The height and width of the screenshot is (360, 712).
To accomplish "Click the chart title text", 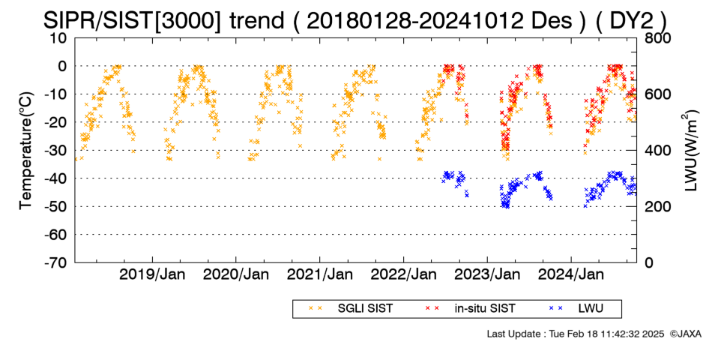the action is point(355,20).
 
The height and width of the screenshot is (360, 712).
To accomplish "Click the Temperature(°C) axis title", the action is point(26,151).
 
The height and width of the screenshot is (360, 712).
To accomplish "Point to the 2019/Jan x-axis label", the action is point(152,274).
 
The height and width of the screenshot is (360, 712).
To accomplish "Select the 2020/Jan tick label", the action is point(235,274).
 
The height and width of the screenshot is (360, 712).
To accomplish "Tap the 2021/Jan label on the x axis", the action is point(320,274).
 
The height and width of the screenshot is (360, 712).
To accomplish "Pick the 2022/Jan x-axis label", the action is point(404,274).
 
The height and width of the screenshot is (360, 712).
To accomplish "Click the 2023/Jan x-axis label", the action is point(487,274).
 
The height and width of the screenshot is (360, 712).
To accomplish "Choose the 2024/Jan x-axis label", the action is point(571,274).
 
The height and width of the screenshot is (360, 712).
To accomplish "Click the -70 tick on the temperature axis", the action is point(55,262).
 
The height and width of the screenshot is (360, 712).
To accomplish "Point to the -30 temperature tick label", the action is point(55,151).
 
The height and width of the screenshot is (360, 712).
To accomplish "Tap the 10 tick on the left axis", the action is point(58,38).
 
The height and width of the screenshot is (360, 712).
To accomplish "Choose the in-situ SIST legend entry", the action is point(471,308).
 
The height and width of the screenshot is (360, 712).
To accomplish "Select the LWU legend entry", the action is point(576,308).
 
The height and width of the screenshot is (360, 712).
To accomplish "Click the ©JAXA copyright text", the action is point(685,334).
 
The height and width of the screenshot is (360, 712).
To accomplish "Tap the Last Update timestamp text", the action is point(576,334).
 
